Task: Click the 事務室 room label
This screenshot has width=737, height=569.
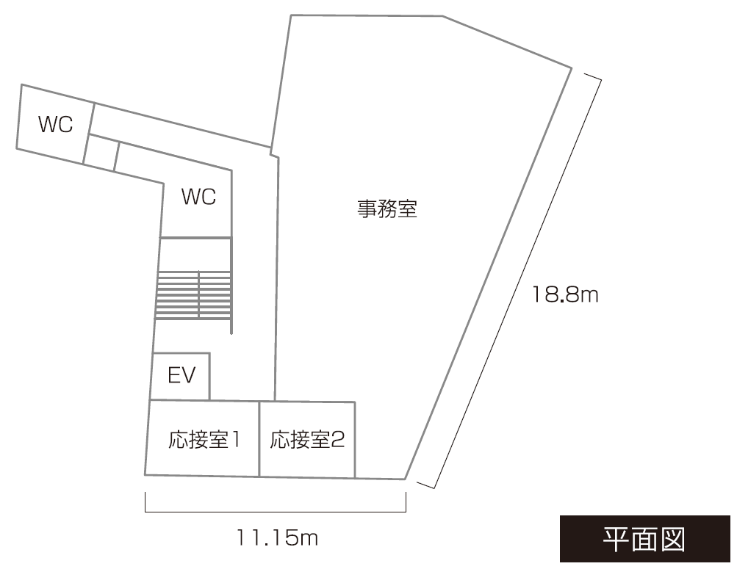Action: point(387,209)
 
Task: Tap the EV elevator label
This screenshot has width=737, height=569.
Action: point(181,376)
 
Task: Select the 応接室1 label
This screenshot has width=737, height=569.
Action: point(204,440)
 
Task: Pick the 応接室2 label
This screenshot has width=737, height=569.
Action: point(307,440)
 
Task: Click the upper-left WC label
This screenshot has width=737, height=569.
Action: point(55,124)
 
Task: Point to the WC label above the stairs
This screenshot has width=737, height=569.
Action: point(198,197)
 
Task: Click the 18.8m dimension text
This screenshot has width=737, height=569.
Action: point(565,295)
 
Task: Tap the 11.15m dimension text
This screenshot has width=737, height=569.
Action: point(277,538)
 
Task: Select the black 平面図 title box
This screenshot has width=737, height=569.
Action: point(645,539)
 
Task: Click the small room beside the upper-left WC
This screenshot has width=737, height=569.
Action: point(101,153)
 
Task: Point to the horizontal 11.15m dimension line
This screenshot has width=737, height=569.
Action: point(276,512)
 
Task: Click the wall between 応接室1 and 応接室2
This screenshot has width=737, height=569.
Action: point(259,439)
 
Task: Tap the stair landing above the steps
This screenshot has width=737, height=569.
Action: point(195,254)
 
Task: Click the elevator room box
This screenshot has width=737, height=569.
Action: point(180,376)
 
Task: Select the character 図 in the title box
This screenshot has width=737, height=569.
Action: point(673,539)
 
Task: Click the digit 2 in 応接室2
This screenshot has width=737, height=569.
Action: point(339,440)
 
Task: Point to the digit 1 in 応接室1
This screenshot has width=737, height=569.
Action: point(235,440)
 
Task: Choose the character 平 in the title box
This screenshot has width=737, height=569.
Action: point(616,539)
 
